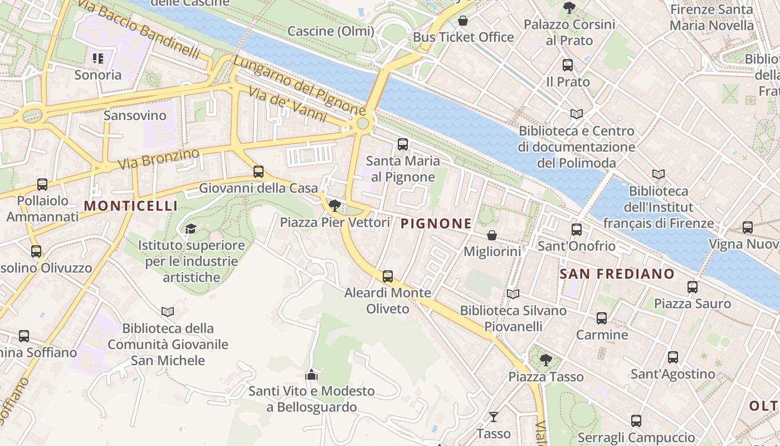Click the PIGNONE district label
click(x=436, y=224)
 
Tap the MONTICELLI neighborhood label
click(x=131, y=206)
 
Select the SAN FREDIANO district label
click(x=617, y=274)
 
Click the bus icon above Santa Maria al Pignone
click(x=403, y=144)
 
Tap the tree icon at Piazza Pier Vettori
click(x=335, y=206)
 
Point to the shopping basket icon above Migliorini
click(x=492, y=235)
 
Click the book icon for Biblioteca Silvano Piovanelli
click(x=513, y=294)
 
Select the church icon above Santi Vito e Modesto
click(x=311, y=375)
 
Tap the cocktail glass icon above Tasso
click(x=494, y=416)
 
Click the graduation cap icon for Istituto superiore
click(x=191, y=229)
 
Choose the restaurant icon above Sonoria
click(x=98, y=59)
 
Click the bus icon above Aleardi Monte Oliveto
click(x=388, y=276)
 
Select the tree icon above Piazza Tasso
click(x=546, y=360)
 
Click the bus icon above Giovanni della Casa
click(x=259, y=172)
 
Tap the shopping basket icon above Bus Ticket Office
click(x=463, y=21)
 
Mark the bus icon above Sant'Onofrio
click(x=577, y=229)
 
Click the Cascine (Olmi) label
click(x=331, y=31)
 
